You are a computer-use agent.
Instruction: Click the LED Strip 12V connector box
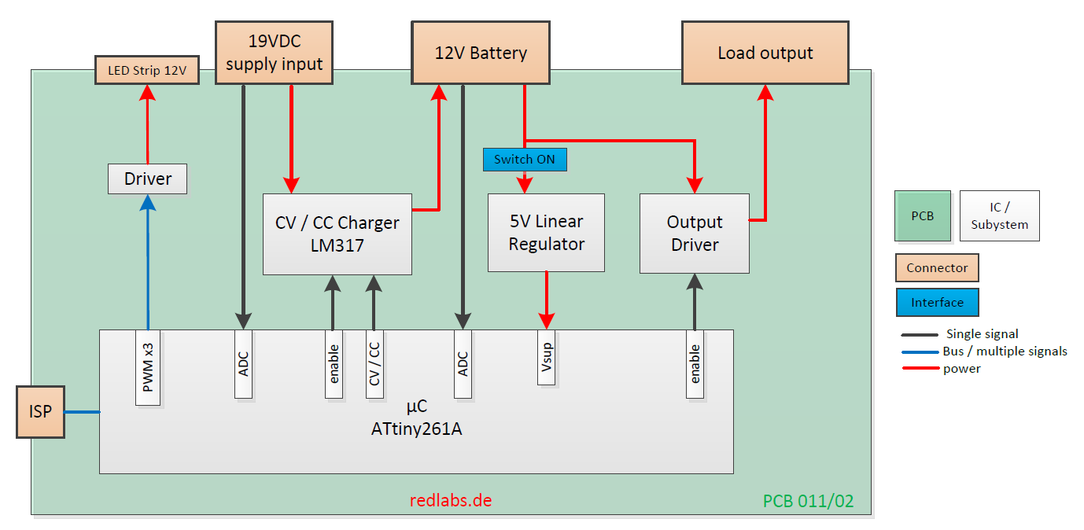click(x=147, y=71)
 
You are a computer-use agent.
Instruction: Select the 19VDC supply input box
click(x=274, y=53)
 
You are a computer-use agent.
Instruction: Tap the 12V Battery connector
click(x=481, y=53)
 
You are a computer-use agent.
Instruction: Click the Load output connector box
click(x=765, y=53)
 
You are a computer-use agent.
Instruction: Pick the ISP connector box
click(x=40, y=411)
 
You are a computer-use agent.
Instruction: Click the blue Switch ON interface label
click(x=524, y=160)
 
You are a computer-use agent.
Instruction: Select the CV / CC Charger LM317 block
click(x=337, y=234)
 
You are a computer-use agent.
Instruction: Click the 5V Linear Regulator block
click(x=546, y=233)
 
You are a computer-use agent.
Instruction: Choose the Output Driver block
click(x=694, y=234)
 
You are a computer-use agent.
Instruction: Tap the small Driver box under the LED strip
click(x=148, y=179)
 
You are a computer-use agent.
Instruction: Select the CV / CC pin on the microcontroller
click(x=374, y=364)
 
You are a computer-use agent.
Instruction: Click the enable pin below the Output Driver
click(x=695, y=364)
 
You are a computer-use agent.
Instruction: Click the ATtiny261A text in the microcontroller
click(x=416, y=430)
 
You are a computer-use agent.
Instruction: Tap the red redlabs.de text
click(x=451, y=500)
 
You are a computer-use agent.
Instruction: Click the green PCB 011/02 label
click(x=808, y=501)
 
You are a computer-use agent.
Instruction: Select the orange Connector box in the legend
click(x=937, y=268)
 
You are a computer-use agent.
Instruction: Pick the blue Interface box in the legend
click(x=937, y=303)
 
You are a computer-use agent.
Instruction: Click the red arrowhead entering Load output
click(x=765, y=93)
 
